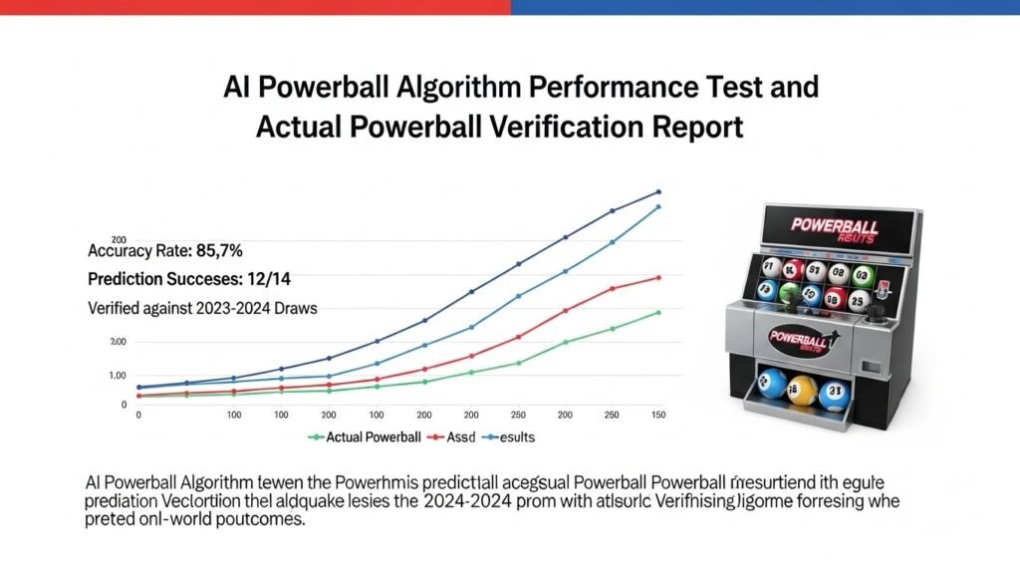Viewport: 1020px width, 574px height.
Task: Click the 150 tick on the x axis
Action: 657,414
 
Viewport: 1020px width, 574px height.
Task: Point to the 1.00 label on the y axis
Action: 117,376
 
